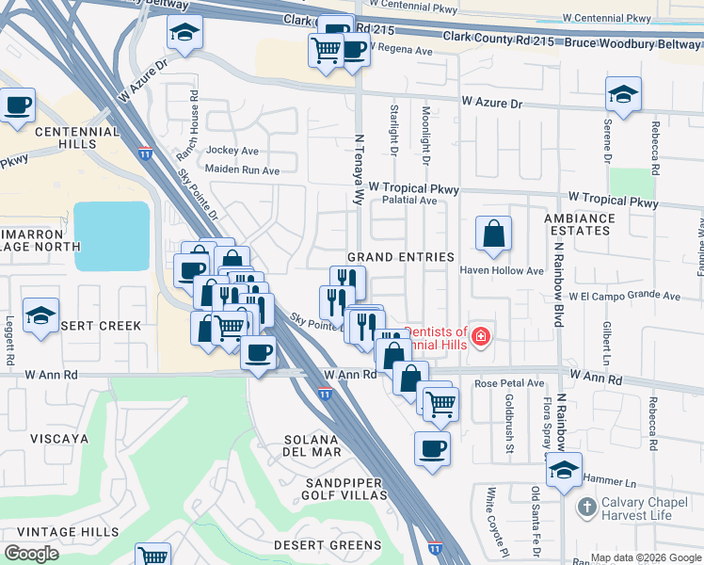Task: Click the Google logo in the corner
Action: click(32, 554)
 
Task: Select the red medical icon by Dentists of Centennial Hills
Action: click(480, 336)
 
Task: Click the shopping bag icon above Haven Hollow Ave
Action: click(493, 233)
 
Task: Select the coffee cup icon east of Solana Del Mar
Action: click(432, 448)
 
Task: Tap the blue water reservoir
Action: click(112, 236)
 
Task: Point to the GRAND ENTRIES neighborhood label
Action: click(401, 257)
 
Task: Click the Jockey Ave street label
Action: click(232, 151)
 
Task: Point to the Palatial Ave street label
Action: click(408, 201)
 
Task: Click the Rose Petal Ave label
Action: click(509, 383)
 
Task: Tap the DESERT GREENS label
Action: click(328, 545)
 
